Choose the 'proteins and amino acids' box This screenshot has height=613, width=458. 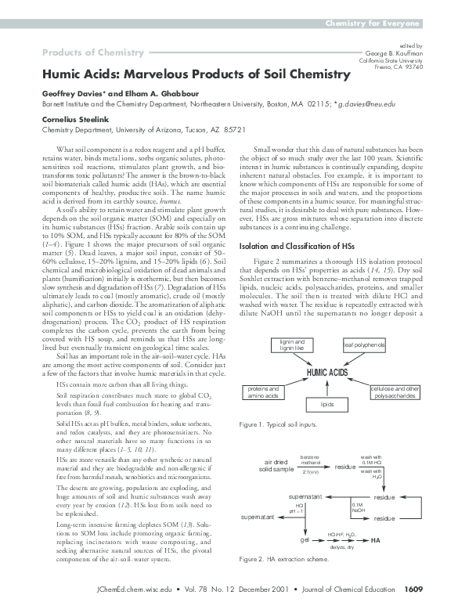coord(263,392)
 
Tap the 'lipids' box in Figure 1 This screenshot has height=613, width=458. coord(326,405)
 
